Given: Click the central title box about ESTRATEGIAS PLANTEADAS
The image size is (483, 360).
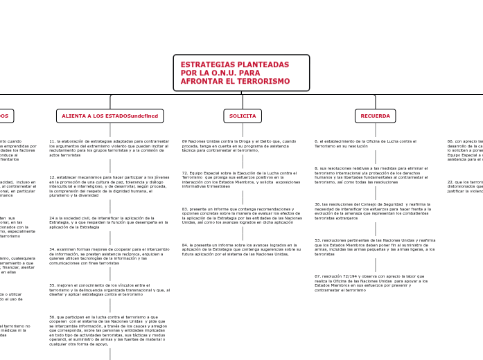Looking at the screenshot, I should coord(241,73).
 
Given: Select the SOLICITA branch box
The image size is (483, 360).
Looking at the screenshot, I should coord(243,116).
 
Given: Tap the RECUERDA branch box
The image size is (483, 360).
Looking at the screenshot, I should coord(375,116).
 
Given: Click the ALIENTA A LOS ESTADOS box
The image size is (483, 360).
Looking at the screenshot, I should coord(109,116).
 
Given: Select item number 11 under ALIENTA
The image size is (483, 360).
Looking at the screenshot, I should coord(109,148).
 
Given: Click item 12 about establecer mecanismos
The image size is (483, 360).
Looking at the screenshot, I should coord(109,186).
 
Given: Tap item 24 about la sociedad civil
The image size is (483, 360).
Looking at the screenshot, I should coord(109,222).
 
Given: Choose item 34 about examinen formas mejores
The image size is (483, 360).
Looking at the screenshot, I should coord(109,256).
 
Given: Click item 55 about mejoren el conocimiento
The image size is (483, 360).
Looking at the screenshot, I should coord(109,289).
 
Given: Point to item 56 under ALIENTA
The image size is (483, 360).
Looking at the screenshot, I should coord(109,330).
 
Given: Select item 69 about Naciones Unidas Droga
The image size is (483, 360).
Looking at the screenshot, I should coord(240,145).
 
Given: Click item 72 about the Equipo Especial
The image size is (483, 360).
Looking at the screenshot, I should coord(240,179).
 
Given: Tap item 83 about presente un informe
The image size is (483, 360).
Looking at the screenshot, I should coord(242,215).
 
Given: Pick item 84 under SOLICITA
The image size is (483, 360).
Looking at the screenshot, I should coord(242,249).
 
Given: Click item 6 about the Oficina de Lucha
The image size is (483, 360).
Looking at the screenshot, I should coord(366,143).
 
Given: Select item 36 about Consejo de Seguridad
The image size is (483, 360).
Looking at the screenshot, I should coord(373,211).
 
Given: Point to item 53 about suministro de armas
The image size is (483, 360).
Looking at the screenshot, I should coord(375,247).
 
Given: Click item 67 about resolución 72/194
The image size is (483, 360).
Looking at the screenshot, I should coord(371,282).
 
